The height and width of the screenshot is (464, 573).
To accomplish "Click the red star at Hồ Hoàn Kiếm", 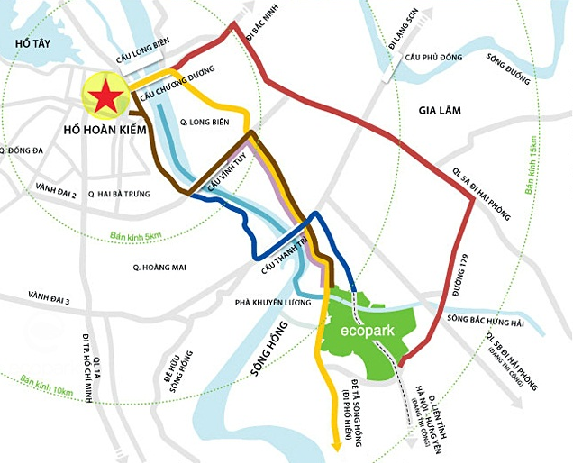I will pyautogui.click(x=106, y=96).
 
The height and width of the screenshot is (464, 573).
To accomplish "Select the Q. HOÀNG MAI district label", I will pyautogui.click(x=165, y=267).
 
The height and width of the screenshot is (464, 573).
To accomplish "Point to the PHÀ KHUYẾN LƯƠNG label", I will pyautogui.click(x=273, y=303).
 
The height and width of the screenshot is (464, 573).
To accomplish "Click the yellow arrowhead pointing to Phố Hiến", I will pyautogui.click(x=335, y=444).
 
